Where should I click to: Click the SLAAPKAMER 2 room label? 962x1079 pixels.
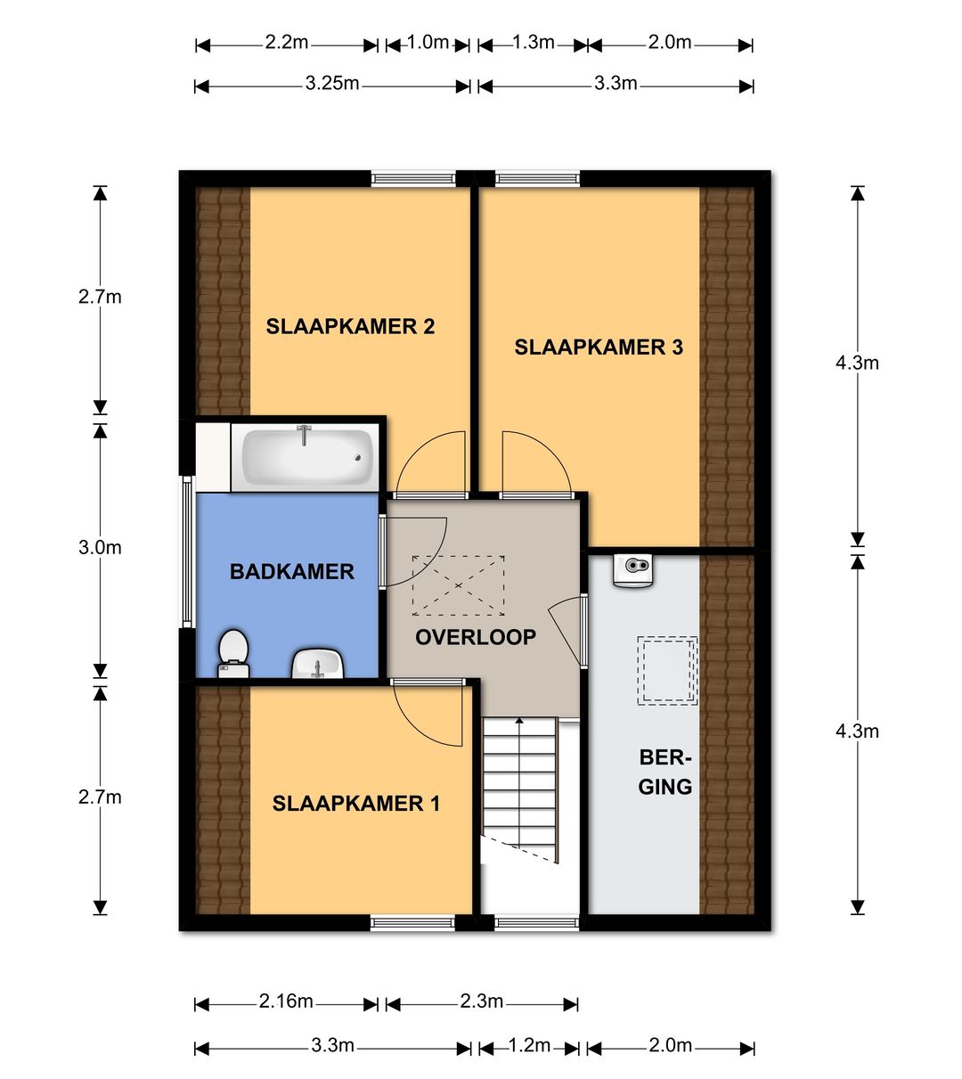(x=350, y=326)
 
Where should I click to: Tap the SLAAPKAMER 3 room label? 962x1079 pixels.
(x=599, y=347)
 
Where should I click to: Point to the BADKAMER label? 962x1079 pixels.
(x=292, y=572)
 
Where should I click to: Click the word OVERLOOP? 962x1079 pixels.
(x=476, y=637)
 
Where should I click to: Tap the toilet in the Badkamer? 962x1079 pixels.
(x=233, y=654)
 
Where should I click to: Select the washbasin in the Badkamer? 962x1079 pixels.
(x=318, y=663)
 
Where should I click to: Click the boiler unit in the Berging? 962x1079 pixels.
(x=632, y=570)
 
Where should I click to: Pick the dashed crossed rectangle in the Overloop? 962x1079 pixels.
(x=459, y=585)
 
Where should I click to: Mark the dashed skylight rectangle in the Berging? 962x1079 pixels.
(x=667, y=671)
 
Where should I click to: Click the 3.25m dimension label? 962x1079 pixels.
(x=332, y=84)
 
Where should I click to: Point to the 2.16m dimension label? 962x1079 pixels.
(x=286, y=1001)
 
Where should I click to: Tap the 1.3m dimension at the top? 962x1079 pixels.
(x=534, y=42)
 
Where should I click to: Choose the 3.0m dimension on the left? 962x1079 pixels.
(x=100, y=547)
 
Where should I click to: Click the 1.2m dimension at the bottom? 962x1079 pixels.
(x=529, y=1045)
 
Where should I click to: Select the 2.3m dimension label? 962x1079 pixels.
(x=482, y=1001)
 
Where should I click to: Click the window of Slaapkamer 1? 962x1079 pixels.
(x=413, y=922)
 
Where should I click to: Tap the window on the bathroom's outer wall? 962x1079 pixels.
(x=187, y=552)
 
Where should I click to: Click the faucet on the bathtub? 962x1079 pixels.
(x=304, y=435)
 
